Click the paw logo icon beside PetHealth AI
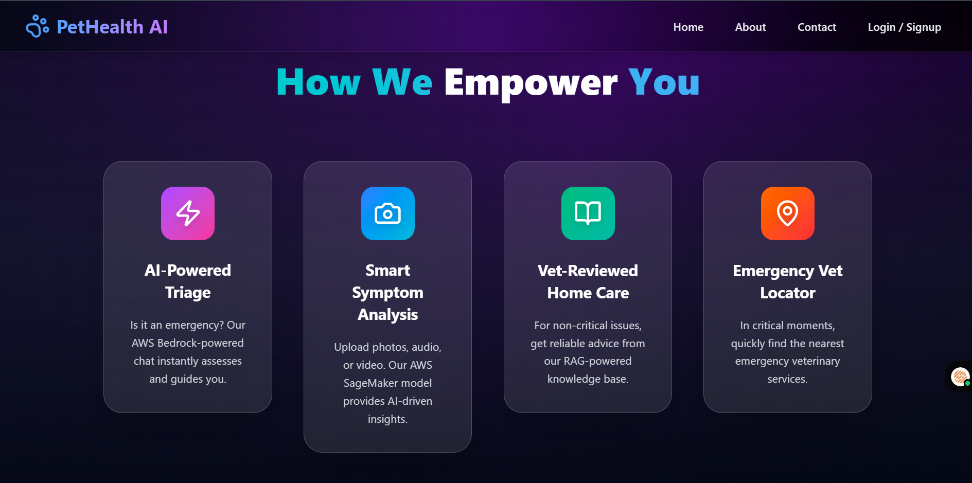(x=37, y=26)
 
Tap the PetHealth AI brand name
(x=112, y=27)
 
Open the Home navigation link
(x=688, y=27)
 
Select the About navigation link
(x=750, y=27)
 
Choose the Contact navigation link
(x=817, y=27)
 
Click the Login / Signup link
(x=904, y=27)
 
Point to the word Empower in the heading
(x=531, y=82)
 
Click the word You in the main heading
(x=664, y=82)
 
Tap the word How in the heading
(x=319, y=82)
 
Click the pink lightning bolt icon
(x=188, y=213)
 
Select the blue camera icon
(x=388, y=213)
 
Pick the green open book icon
(x=588, y=213)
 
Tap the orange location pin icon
(x=788, y=213)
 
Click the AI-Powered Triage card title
(x=188, y=281)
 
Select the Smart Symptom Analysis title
(x=388, y=292)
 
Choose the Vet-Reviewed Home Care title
(x=588, y=282)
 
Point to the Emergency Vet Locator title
(x=788, y=282)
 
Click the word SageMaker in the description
(x=366, y=383)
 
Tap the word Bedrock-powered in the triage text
(x=201, y=343)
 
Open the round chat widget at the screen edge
(x=960, y=377)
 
